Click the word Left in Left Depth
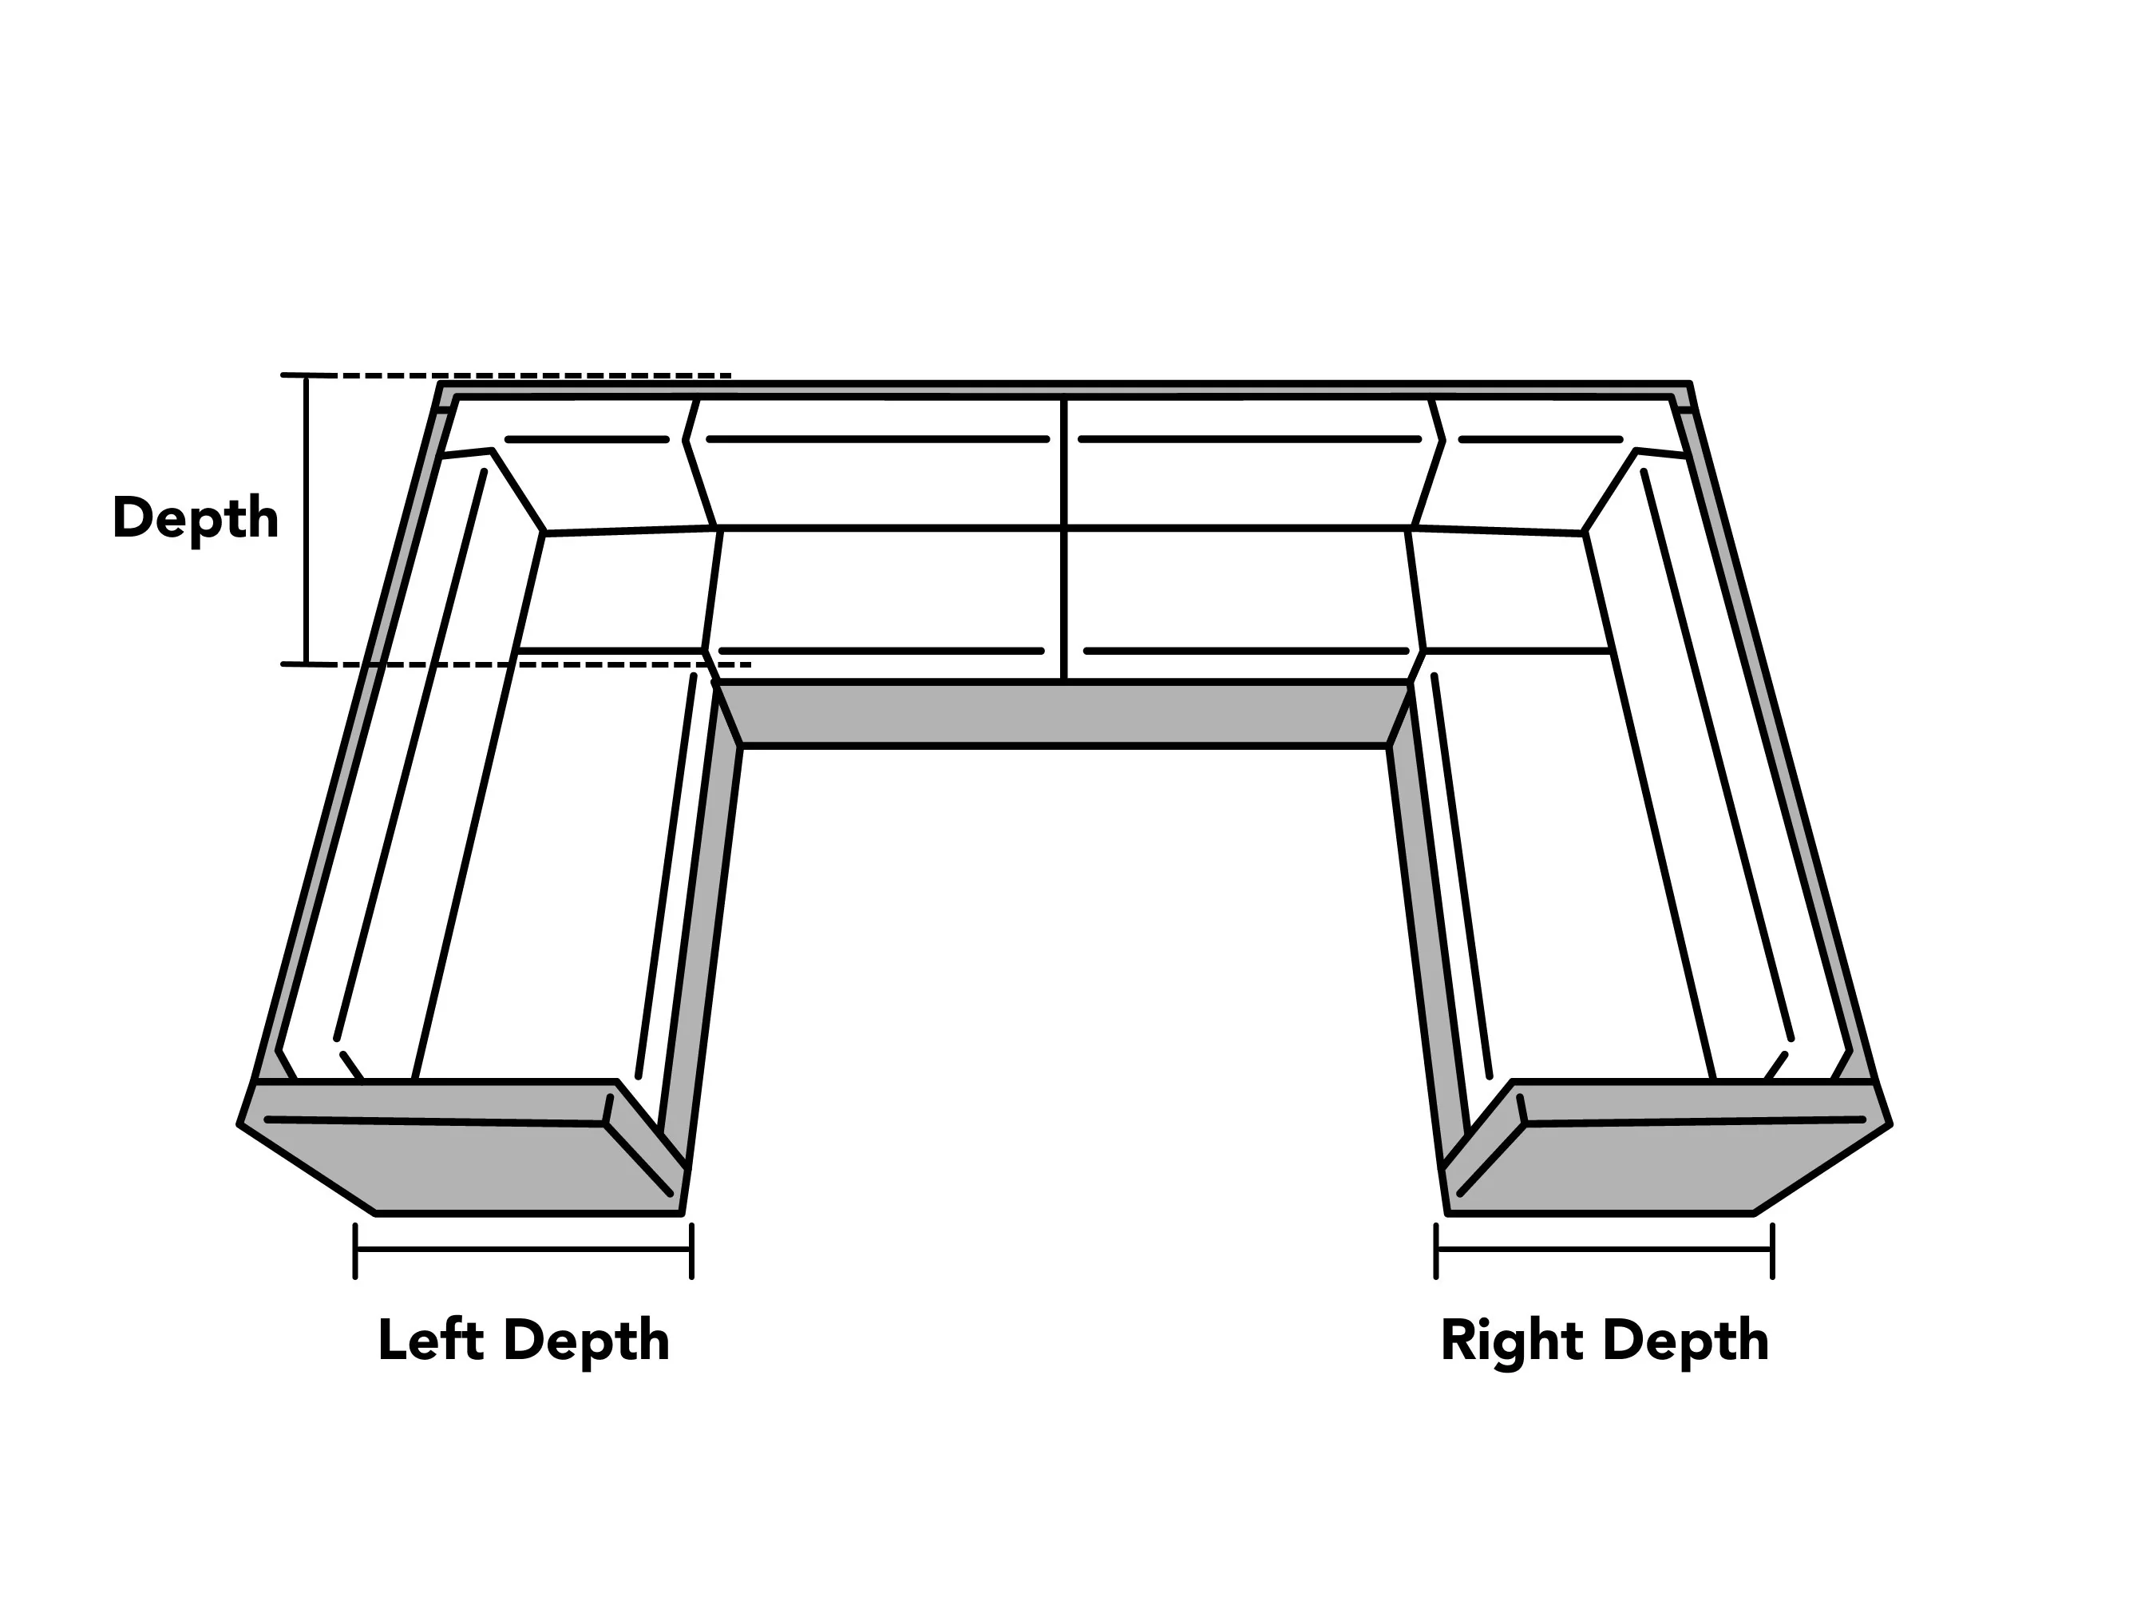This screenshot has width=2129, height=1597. click(x=430, y=1340)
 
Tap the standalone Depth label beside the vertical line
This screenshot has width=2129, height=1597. click(x=196, y=519)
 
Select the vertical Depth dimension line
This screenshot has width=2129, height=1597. click(x=307, y=520)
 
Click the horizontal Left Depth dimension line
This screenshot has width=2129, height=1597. click(x=524, y=1250)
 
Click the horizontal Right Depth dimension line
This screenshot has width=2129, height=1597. click(x=1605, y=1250)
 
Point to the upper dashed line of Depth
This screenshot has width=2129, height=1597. click(x=506, y=374)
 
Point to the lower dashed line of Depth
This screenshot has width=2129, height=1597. click(x=516, y=664)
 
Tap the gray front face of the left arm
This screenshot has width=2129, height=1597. click(x=462, y=1151)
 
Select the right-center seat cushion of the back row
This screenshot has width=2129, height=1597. click(x=1241, y=589)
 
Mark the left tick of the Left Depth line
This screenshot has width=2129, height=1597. click(x=355, y=1250)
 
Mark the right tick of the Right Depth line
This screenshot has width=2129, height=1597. click(x=1772, y=1250)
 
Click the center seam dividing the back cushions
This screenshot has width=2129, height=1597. click(x=1065, y=539)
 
